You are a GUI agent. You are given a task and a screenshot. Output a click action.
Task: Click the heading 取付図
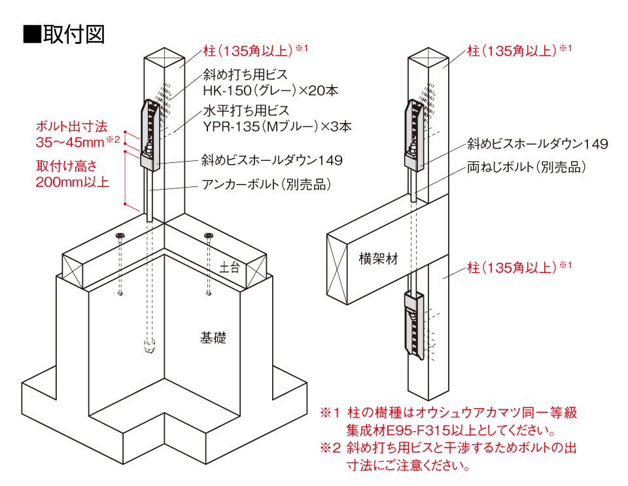click(x=73, y=33)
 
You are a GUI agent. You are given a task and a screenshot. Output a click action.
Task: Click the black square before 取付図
click(x=31, y=34)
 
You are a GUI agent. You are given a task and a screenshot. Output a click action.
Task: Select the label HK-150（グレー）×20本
click(x=270, y=91)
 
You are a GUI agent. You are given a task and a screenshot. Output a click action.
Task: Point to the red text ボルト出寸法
click(x=71, y=126)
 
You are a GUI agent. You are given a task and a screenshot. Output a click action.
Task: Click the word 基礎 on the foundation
click(x=213, y=338)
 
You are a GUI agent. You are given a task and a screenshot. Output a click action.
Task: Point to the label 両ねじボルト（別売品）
click(x=526, y=167)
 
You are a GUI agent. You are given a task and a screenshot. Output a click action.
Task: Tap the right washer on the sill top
click(x=208, y=235)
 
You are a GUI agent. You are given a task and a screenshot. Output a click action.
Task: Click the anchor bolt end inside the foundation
click(x=149, y=346)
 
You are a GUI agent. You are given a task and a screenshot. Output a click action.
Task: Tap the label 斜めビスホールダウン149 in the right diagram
click(x=537, y=144)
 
